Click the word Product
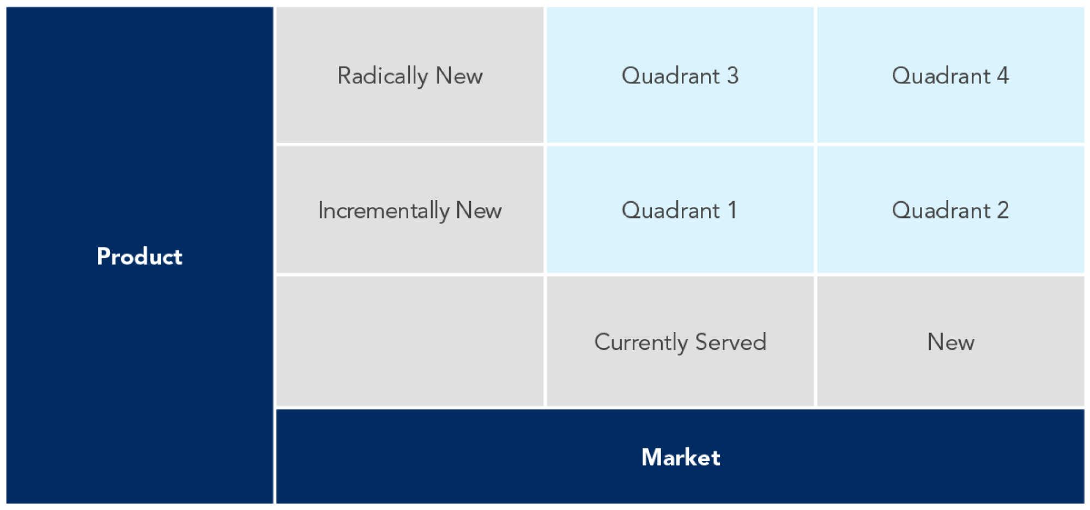140,256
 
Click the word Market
681,457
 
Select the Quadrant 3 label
680,76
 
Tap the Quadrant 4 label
950,76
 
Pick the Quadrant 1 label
679,210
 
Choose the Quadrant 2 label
950,210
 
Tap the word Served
731,342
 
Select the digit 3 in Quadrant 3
732,76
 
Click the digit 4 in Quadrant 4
1003,76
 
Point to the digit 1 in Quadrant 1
732,210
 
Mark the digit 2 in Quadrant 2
1003,210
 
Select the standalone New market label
950,342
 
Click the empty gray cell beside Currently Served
410,342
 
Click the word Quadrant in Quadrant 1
671,210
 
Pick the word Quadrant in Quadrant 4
941,76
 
